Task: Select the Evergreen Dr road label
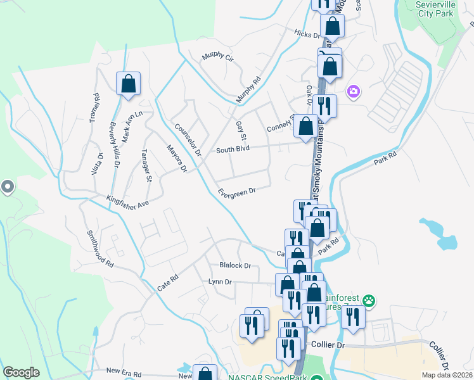tap(236, 191)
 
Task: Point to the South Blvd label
tap(233, 149)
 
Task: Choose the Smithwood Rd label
tap(100, 248)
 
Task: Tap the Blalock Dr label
tap(235, 265)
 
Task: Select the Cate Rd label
tap(168, 282)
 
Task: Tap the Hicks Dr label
tap(307, 34)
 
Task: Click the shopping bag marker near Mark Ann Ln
tap(128, 84)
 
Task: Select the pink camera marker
tap(353, 92)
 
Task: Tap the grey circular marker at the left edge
tap(8, 187)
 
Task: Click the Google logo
tap(22, 372)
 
